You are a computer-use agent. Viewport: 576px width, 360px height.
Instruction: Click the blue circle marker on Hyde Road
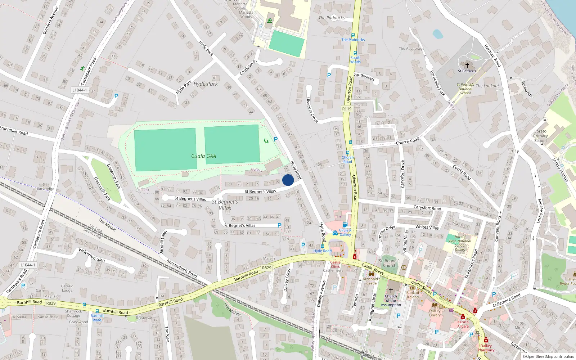[288, 180]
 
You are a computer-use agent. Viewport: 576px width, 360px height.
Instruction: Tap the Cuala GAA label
[203, 156]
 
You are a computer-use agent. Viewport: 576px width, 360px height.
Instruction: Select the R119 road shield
[347, 109]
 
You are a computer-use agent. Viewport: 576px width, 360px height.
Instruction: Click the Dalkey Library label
[435, 313]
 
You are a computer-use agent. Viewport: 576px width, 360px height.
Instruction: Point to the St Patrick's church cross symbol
[467, 65]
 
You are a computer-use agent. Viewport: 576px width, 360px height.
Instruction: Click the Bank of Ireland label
[413, 295]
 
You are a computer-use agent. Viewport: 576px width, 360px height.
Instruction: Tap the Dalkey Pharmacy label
[486, 348]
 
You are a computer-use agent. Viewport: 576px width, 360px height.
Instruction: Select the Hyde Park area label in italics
[206, 84]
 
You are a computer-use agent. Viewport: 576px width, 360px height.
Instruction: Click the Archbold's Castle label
[372, 281]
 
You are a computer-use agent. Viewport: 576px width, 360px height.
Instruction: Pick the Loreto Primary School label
[541, 136]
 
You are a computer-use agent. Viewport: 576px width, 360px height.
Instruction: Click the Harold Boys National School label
[460, 243]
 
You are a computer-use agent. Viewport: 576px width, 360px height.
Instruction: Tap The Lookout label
[487, 86]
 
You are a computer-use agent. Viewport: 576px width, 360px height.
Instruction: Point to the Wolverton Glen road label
[92, 255]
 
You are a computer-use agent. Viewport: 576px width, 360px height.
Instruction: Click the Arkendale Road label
[14, 130]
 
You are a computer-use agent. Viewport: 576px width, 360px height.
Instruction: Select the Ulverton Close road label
[312, 110]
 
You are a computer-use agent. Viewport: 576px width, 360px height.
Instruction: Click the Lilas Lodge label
[45, 189]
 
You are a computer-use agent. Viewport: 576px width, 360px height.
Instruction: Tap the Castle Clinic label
[335, 264]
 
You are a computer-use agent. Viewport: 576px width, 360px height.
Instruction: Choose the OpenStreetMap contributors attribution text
[548, 356]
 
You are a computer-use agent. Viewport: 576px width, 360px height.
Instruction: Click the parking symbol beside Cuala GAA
[276, 139]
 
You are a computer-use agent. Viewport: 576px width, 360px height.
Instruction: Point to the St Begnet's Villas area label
[225, 205]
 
